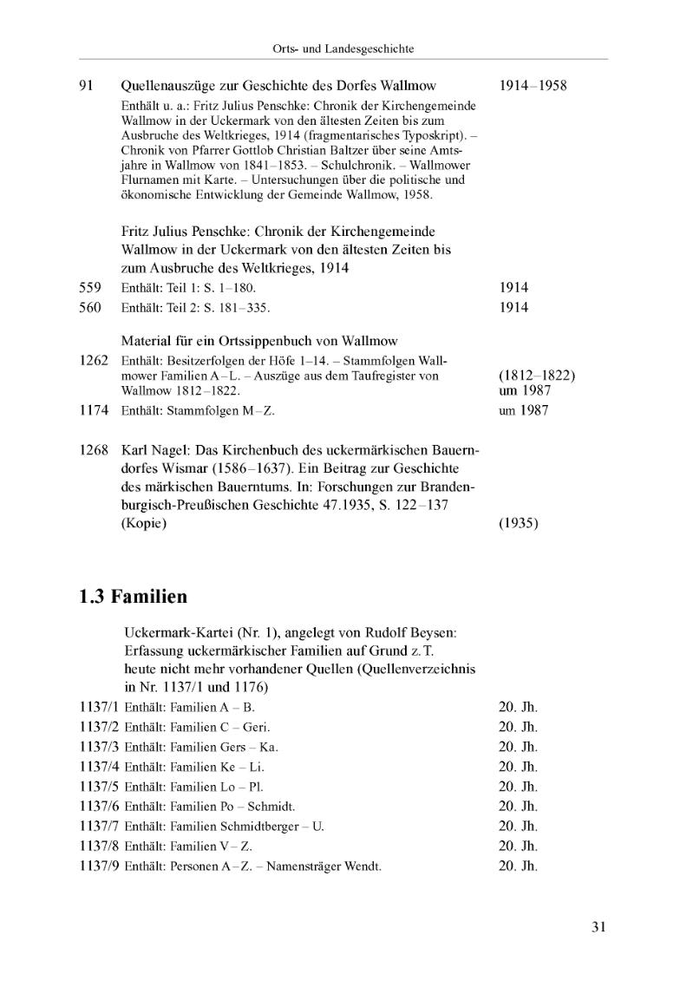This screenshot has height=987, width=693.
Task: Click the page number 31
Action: (598, 926)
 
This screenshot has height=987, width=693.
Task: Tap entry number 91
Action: (87, 86)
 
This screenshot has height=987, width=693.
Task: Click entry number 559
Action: (90, 287)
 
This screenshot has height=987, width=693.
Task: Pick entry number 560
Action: (90, 307)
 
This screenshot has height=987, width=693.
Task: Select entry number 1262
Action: (94, 360)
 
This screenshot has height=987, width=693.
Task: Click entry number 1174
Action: (94, 410)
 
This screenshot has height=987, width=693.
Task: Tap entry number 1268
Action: (94, 451)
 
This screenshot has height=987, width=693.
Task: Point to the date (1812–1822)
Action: (538, 376)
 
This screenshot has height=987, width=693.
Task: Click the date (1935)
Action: (520, 524)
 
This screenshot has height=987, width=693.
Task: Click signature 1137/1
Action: (98, 707)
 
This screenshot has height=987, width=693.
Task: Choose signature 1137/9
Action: (98, 866)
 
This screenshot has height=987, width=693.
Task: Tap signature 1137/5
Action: (98, 787)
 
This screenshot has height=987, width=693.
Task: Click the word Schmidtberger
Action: (260, 827)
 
